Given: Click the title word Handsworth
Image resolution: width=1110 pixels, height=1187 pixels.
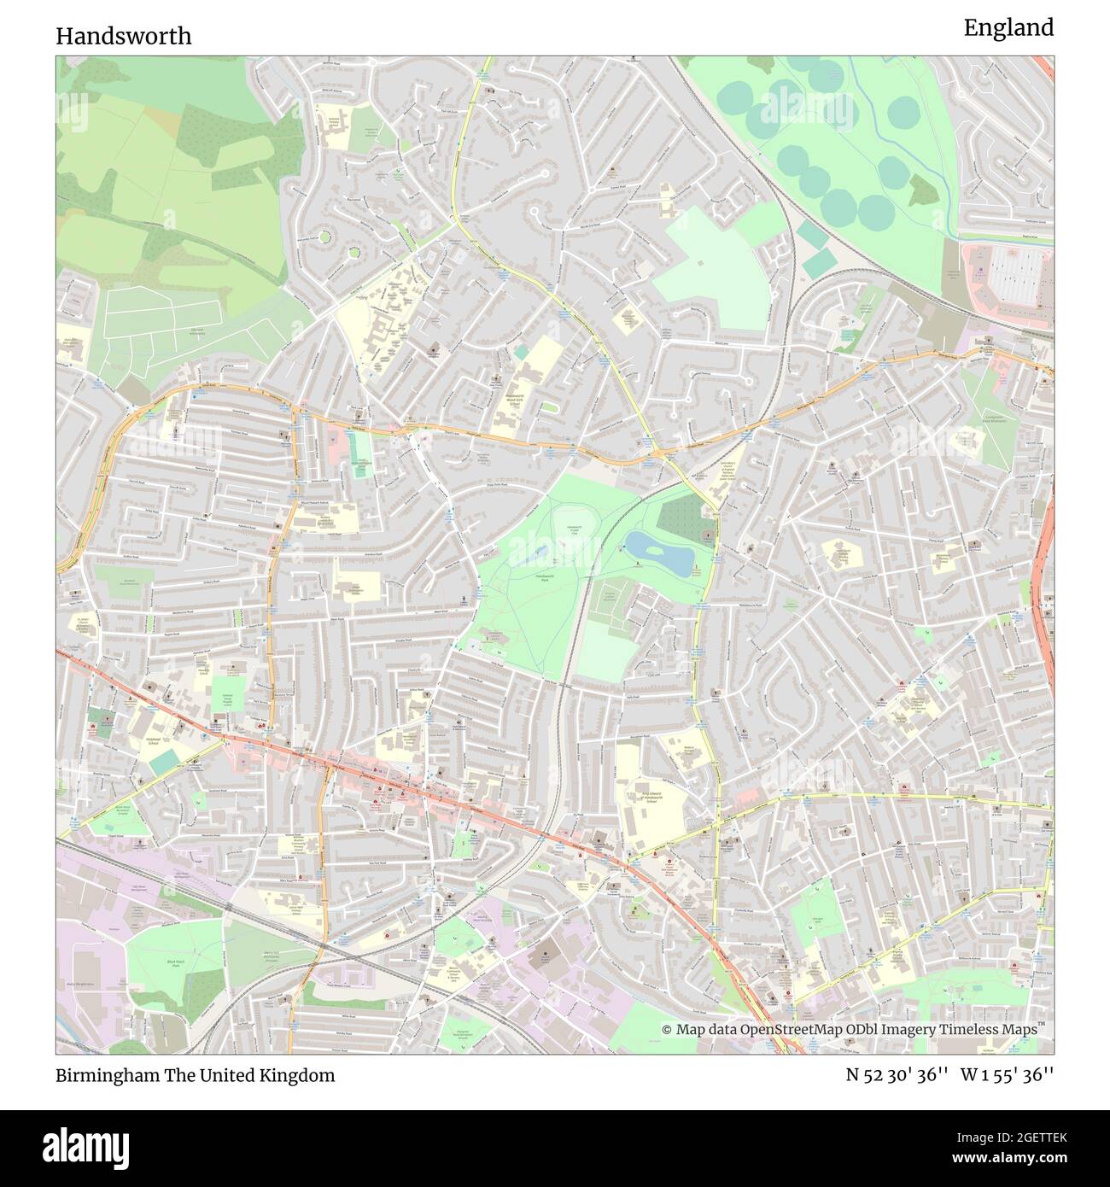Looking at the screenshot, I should pos(124,36).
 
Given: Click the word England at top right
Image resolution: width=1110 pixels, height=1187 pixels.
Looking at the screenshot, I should pos(1008,27).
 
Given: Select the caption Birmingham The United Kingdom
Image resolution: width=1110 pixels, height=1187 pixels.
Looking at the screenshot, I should pos(196,1075).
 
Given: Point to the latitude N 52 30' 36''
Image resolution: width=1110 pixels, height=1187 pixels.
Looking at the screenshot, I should pos(897,1075).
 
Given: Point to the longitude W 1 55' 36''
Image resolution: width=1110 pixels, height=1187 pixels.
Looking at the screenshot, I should pos(1007,1075).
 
